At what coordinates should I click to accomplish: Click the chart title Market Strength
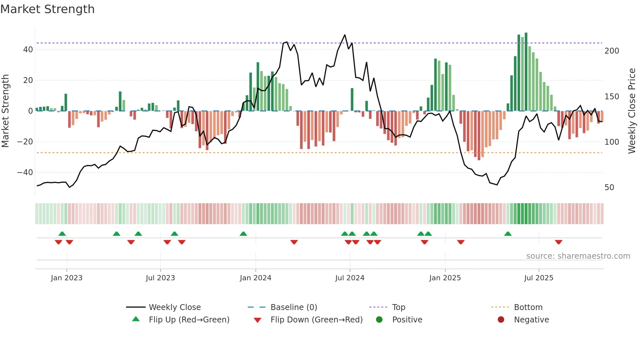coord(47,9)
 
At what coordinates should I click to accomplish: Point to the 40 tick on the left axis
coord(28,50)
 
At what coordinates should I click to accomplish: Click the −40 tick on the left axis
coord(25,172)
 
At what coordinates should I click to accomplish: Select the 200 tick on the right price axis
coord(612,51)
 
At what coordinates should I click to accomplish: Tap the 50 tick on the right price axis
coord(609,188)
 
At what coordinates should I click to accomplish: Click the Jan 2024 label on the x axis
coord(255,278)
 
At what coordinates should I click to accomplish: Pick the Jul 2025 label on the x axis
coord(538,278)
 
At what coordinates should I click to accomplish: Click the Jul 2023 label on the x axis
coord(160,278)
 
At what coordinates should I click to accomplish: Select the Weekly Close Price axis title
coord(632,111)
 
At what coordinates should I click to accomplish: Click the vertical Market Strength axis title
coord(6,111)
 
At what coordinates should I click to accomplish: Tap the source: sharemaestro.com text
coord(578,256)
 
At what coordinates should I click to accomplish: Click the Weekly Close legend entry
coord(175,307)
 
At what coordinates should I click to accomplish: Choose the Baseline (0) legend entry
coord(294,307)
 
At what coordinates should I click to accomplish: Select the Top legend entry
coord(398,307)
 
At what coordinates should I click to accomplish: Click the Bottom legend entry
coord(528,307)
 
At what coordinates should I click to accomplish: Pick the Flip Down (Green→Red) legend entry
coord(316,320)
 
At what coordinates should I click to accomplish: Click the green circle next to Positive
coord(379,320)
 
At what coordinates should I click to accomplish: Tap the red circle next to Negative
coord(501,320)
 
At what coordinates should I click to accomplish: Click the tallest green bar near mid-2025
coord(526,72)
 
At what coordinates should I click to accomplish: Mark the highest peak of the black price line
coord(345,35)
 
